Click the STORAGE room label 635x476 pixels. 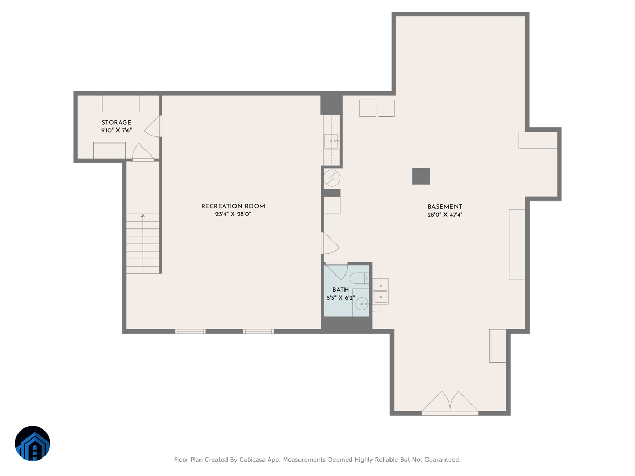pos(116,123)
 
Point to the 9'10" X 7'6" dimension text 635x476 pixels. pos(116,130)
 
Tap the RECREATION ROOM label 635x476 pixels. pos(233,206)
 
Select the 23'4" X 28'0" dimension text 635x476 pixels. pos(233,214)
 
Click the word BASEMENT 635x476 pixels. pos(444,207)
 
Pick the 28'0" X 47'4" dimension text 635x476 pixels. pos(444,215)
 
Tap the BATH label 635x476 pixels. pos(340,290)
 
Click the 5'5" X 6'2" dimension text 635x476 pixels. pos(340,298)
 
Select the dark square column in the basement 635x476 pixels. pos(421,176)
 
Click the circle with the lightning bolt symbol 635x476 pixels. pos(332,178)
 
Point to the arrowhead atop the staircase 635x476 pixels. pos(143,216)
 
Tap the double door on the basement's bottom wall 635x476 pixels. pos(450,403)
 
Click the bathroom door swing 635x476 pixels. pos(337,271)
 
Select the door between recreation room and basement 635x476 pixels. pos(330,243)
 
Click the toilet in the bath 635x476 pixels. pos(360,278)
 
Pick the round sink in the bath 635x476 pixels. pos(361,304)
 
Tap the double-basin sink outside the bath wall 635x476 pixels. pos(381,291)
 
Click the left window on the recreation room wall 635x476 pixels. pos(190,332)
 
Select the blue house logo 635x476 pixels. pos(32,443)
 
